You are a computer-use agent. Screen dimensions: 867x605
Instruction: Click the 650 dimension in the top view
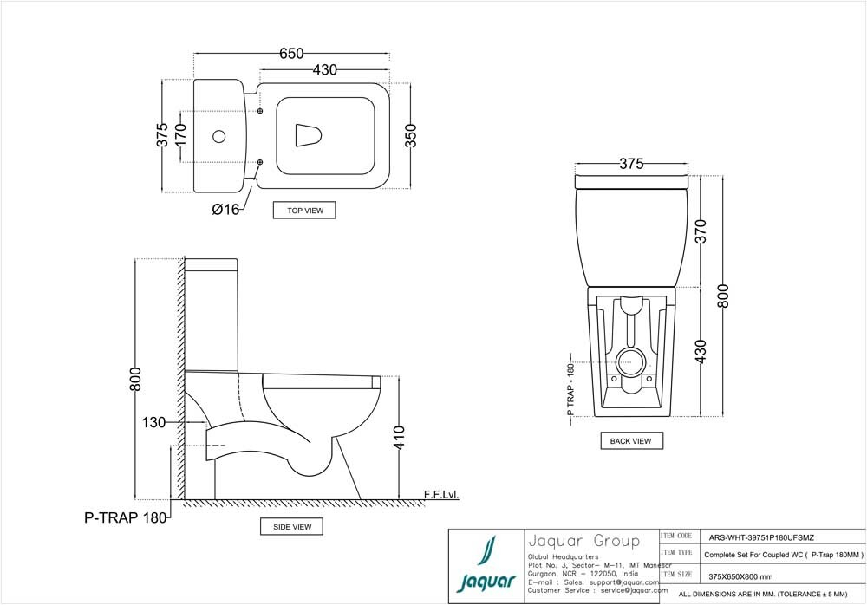(x=291, y=54)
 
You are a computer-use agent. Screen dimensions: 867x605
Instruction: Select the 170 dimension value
(x=180, y=135)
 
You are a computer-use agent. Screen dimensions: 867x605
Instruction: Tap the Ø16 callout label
(x=225, y=209)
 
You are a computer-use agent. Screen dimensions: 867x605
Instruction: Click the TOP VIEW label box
(x=304, y=210)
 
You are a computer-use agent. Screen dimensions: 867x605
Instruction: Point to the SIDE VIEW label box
(x=292, y=526)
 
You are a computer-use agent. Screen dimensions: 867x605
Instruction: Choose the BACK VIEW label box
(x=631, y=441)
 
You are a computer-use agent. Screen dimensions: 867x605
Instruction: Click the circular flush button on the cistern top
(x=219, y=136)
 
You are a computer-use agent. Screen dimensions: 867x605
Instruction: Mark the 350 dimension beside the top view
(x=411, y=136)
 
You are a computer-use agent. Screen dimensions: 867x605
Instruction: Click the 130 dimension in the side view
(x=153, y=422)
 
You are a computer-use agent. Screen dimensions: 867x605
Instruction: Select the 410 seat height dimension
(x=399, y=437)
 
